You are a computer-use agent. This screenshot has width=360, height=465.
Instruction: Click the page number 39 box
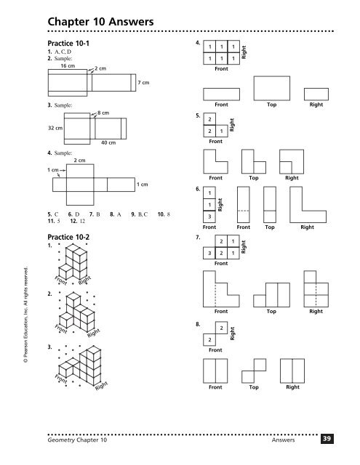[x=327, y=439]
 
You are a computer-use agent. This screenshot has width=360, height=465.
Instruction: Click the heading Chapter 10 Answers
[x=100, y=22]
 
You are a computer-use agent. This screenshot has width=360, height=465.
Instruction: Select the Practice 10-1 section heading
[x=68, y=44]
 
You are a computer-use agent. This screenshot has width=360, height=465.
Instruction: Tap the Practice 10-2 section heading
[x=68, y=237]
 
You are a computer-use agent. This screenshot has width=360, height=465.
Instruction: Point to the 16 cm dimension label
[x=68, y=66]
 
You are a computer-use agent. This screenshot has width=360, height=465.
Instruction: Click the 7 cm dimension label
[x=143, y=82]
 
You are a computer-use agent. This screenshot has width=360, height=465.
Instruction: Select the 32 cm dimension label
[x=55, y=128]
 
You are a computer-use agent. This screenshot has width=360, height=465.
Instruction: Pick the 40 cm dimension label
[x=108, y=142]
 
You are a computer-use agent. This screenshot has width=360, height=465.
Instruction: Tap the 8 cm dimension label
[x=103, y=113]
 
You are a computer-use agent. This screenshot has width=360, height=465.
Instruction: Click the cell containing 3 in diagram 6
[x=209, y=217]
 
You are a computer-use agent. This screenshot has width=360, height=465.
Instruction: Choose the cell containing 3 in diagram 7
[x=209, y=254]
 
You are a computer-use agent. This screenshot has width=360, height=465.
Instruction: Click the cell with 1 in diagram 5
[x=222, y=131]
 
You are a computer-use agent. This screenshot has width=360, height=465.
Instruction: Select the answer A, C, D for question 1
[x=63, y=52]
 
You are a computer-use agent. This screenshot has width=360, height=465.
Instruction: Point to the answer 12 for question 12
[x=82, y=221]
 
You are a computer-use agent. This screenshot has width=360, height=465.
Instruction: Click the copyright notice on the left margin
[x=26, y=315]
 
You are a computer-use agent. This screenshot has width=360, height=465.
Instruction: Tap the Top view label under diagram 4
[x=271, y=105]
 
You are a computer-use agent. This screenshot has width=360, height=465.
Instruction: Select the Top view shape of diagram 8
[x=254, y=371]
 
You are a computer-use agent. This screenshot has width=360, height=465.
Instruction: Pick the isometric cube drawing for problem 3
[x=79, y=365]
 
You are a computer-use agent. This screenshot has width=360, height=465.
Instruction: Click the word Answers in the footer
[x=283, y=440]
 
